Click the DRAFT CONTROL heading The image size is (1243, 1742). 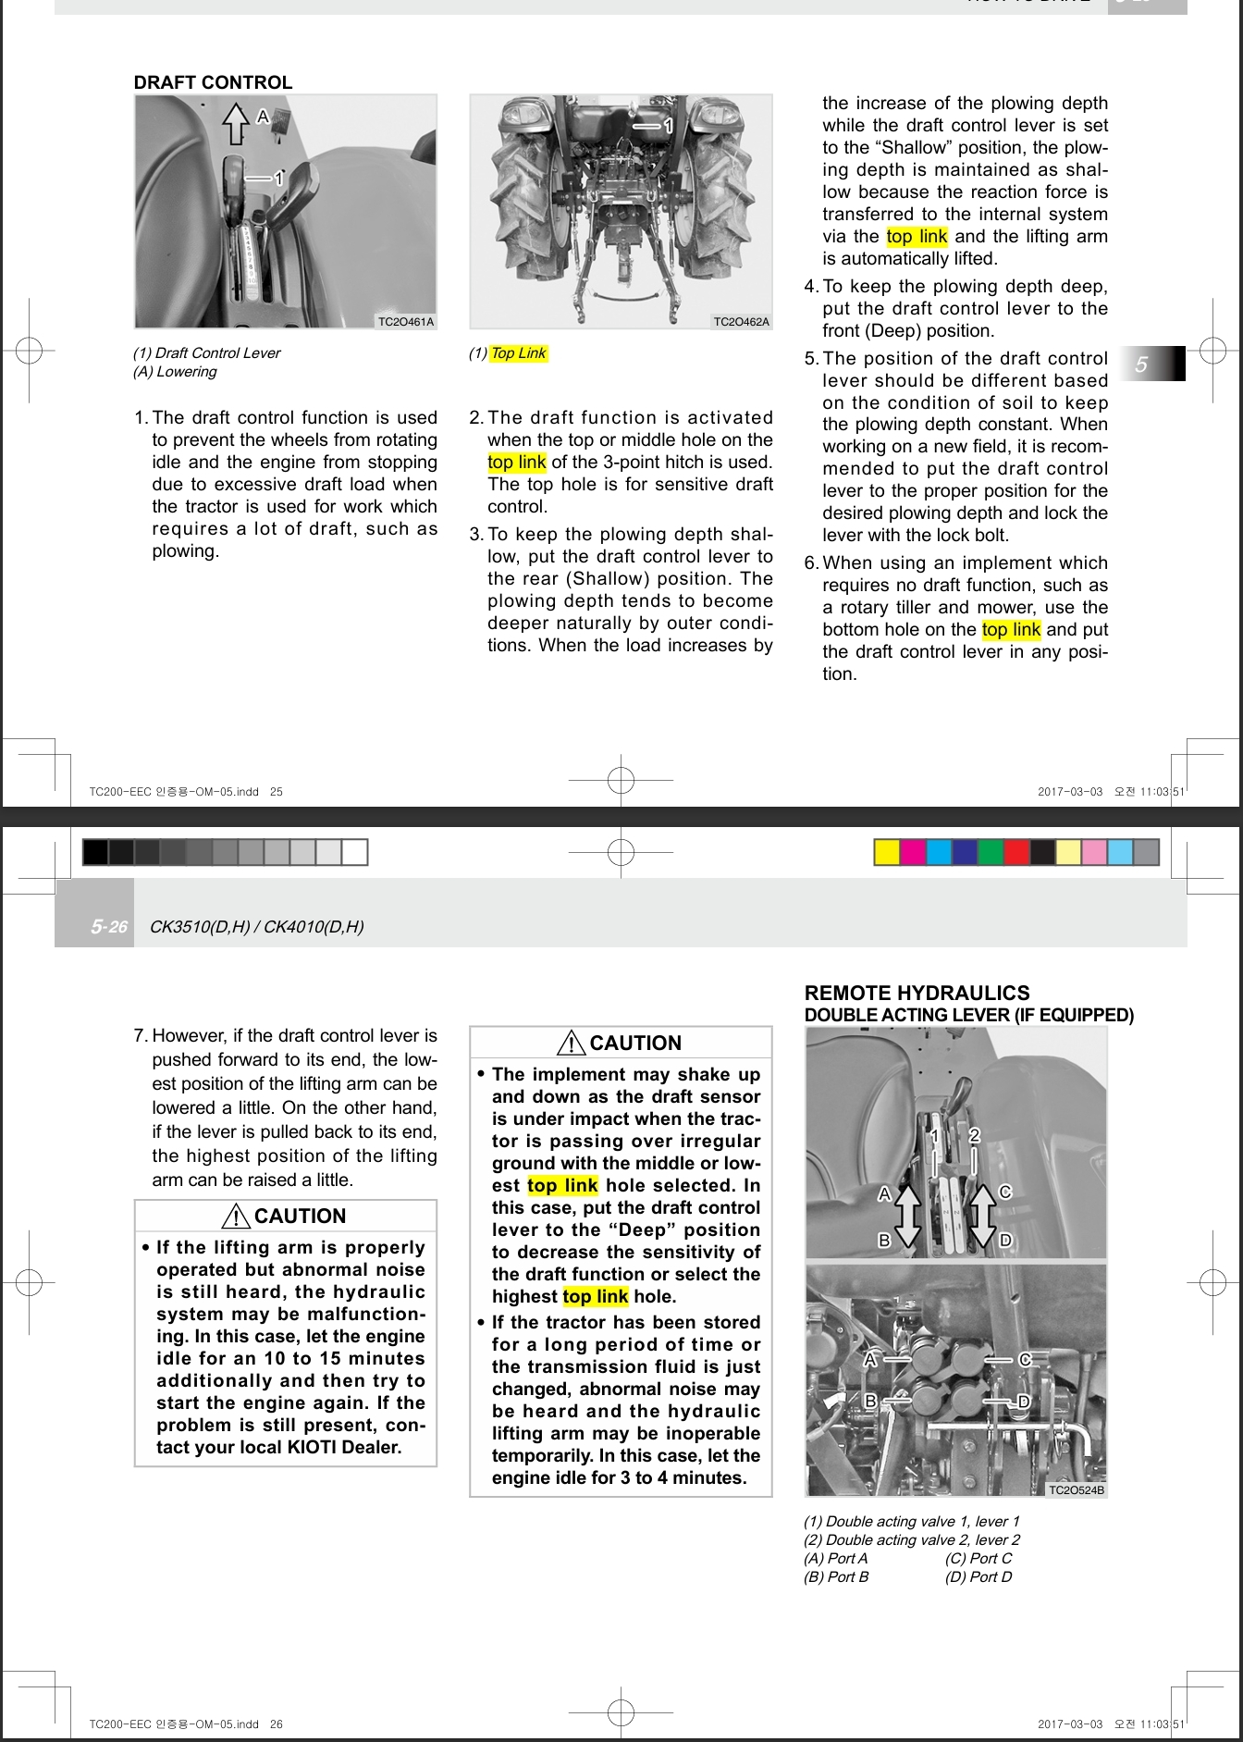[x=213, y=82]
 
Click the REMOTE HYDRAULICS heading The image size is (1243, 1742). [x=917, y=993]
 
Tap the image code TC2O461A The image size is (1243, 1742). [x=406, y=322]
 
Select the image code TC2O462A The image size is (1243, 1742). [x=741, y=322]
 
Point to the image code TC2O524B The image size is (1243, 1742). [x=1076, y=1489]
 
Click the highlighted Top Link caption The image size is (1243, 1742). [x=518, y=353]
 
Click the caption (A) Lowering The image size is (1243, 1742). [x=175, y=372]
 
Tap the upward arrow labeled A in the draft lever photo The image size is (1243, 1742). [x=237, y=123]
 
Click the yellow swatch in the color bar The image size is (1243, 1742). [x=887, y=852]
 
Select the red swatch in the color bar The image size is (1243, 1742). [x=1016, y=852]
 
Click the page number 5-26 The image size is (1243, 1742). [x=109, y=927]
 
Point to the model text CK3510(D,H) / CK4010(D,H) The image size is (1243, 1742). [x=256, y=927]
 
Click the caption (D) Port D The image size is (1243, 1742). [x=978, y=1576]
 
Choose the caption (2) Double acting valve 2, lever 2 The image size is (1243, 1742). [x=911, y=1539]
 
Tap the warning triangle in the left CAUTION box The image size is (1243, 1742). [x=239, y=1216]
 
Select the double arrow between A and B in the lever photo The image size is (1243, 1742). [x=907, y=1216]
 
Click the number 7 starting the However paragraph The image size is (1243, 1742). [x=140, y=1035]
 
